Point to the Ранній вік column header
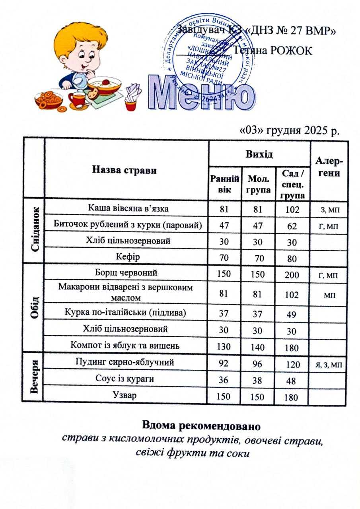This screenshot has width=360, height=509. (x=224, y=183)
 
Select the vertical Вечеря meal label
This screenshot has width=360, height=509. (x=35, y=375)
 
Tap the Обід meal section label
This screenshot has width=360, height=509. (x=35, y=306)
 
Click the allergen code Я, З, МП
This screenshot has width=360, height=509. (x=329, y=364)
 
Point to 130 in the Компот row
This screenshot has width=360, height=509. (x=224, y=346)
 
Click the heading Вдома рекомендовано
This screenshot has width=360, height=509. (x=200, y=426)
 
